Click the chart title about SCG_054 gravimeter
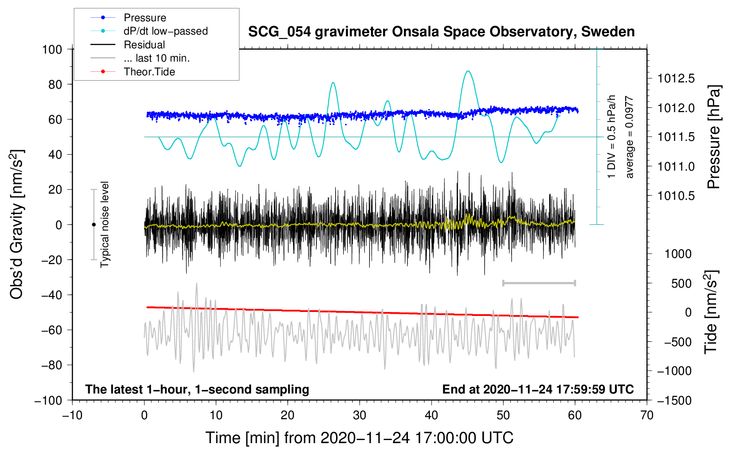point(441,32)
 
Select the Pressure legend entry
point(145,18)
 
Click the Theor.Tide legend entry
point(149,72)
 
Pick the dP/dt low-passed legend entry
point(165,31)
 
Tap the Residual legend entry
point(144,45)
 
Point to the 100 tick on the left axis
point(52,49)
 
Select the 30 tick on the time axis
point(360,415)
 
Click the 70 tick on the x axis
point(647,415)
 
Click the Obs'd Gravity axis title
point(17,224)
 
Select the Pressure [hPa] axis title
point(713,137)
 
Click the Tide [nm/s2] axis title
point(711,312)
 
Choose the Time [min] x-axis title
point(359,438)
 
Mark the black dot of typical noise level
point(94,225)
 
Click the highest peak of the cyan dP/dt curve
point(467,71)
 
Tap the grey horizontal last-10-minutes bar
point(539,283)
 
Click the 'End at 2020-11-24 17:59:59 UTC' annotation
point(538,390)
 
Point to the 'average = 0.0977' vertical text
point(630,137)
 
